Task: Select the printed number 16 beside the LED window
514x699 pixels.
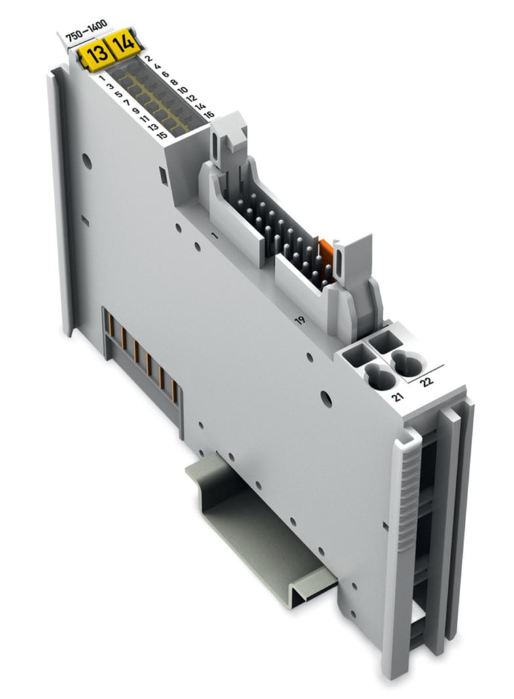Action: (209, 115)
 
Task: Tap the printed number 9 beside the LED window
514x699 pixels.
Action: (135, 110)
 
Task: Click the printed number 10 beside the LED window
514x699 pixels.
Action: (183, 90)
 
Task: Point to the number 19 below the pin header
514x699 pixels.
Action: (300, 321)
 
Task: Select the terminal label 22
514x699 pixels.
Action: (427, 381)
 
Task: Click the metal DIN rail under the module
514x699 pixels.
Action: (262, 525)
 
